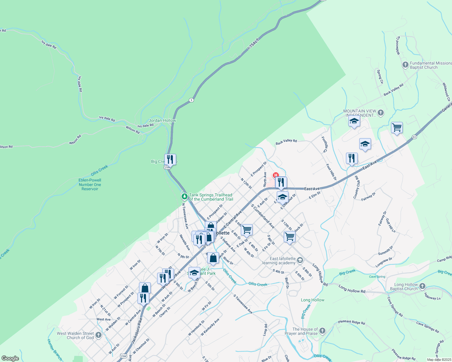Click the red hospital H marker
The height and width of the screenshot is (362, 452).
276,175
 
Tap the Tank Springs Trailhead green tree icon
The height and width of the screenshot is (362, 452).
184,197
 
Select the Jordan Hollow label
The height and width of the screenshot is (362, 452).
162,120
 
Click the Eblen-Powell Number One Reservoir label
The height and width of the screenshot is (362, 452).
90,185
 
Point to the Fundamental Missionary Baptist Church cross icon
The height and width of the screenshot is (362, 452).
405,65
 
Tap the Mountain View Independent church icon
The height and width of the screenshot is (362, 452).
381,113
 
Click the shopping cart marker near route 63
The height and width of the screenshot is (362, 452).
397,128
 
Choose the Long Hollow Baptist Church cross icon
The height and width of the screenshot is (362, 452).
422,286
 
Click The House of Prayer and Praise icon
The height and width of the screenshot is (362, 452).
322,331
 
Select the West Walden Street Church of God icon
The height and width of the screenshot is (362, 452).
98,335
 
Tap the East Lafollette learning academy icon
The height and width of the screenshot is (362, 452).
300,260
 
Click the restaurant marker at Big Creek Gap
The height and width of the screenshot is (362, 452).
170,159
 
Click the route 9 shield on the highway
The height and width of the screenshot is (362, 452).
191,100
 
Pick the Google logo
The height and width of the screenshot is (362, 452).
10,358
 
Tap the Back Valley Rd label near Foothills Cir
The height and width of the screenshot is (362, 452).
286,142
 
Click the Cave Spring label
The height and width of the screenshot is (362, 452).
377,277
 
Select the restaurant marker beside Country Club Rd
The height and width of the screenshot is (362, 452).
352,158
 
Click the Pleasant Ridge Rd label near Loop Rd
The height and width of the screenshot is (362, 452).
351,322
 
